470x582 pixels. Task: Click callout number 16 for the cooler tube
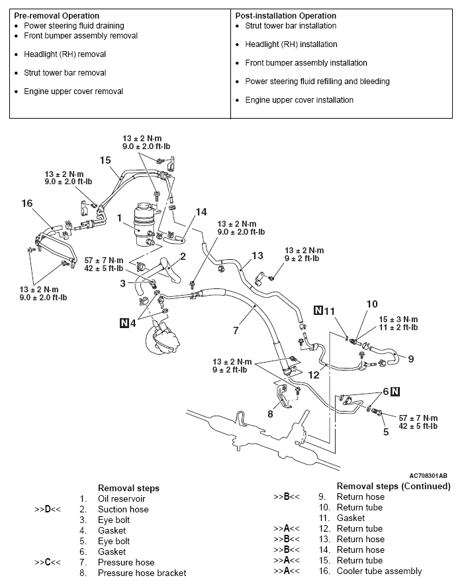[27, 204]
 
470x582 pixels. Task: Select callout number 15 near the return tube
[105, 160]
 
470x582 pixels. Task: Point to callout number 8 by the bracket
[270, 414]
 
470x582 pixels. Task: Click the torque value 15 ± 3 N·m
[397, 319]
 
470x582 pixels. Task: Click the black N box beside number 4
[124, 323]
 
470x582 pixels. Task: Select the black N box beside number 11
[318, 310]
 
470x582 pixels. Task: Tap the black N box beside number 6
[395, 391]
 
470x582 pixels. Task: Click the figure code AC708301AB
[428, 475]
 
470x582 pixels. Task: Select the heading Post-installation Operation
[286, 15]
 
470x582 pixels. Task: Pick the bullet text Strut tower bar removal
[64, 73]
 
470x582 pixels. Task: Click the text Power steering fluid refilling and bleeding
[317, 82]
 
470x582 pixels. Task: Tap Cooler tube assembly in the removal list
[379, 571]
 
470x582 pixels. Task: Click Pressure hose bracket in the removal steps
[142, 573]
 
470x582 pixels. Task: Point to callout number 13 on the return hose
[257, 255]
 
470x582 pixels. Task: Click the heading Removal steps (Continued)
[393, 486]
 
